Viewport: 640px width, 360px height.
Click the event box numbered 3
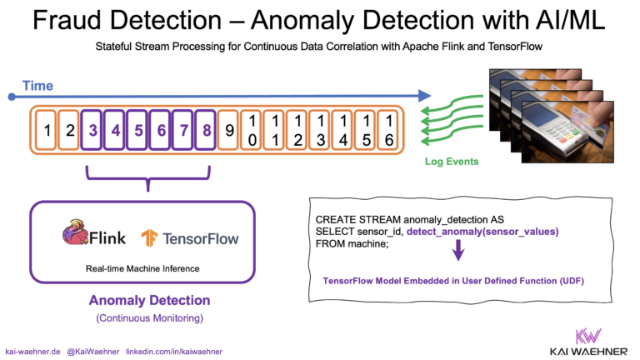[93, 130]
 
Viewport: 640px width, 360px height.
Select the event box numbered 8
[204, 130]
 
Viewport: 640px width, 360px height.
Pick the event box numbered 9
[231, 130]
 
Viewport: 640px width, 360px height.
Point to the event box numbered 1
[48, 130]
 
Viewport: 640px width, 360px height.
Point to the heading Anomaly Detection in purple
[149, 300]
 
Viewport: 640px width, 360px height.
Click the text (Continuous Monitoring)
[149, 317]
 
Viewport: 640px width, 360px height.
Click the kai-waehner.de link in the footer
[31, 352]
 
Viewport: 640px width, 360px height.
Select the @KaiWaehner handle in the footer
[92, 352]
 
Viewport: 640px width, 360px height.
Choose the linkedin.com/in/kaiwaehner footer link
[174, 352]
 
